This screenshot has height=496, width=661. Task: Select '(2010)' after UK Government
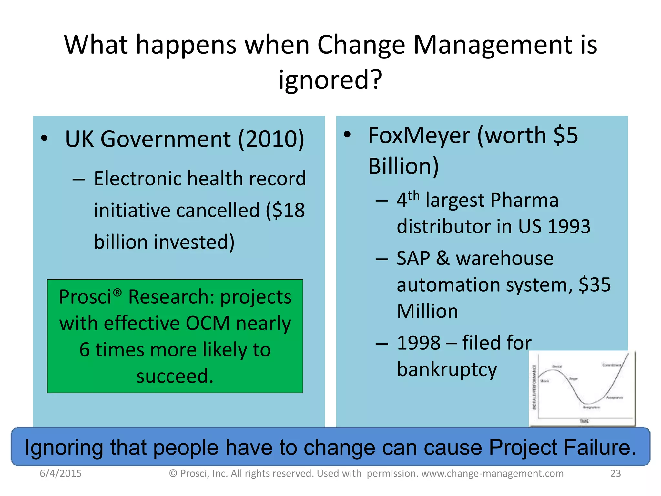click(x=271, y=139)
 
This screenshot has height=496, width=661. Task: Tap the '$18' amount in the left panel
click(x=285, y=211)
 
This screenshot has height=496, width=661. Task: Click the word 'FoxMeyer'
click(x=419, y=135)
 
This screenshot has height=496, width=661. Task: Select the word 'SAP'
click(x=413, y=258)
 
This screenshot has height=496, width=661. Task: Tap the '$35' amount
click(x=595, y=285)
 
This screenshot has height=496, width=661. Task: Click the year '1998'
click(x=419, y=343)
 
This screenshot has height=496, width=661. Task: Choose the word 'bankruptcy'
click(x=447, y=369)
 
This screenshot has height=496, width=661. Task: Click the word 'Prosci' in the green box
click(x=85, y=297)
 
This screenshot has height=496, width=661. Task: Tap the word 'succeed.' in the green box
click(x=175, y=376)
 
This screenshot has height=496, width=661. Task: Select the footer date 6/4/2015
click(x=61, y=473)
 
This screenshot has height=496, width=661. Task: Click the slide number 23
click(x=615, y=473)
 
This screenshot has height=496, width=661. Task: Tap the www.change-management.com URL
click(x=492, y=473)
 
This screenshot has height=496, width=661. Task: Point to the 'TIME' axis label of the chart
click(x=584, y=421)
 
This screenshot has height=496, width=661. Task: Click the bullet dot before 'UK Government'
click(x=45, y=139)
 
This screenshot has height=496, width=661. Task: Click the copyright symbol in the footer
click(x=173, y=473)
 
